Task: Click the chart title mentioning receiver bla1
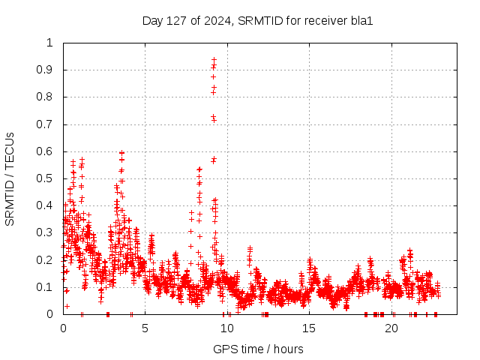(x=257, y=20)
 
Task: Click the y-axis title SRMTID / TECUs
(x=10, y=178)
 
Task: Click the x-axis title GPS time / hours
(x=258, y=349)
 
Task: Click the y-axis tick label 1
(x=52, y=43)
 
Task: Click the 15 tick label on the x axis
(x=309, y=328)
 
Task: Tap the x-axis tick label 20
(x=391, y=328)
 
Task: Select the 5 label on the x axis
(x=145, y=328)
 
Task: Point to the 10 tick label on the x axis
(x=227, y=328)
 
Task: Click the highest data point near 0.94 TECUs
(x=214, y=59)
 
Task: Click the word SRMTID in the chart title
(x=259, y=20)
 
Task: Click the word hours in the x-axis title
(x=288, y=349)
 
